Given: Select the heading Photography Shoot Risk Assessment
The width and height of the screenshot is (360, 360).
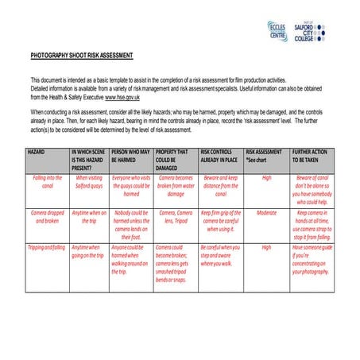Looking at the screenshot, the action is click(82, 56).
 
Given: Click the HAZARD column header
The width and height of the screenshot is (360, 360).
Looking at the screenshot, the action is click(37, 150).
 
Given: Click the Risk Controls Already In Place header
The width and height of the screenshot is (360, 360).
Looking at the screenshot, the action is click(220, 156).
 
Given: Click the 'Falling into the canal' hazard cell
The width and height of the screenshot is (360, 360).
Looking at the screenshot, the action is click(47, 182).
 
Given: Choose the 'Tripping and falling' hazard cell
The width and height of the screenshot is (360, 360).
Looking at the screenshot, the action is click(47, 246).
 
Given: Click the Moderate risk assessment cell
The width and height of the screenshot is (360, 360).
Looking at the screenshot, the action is click(267, 213).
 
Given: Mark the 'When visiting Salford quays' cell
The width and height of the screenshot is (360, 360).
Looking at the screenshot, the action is click(88, 182).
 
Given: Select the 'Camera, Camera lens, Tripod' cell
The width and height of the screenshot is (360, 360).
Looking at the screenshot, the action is click(176, 217).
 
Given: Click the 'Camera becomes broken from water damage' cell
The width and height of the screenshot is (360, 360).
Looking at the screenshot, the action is click(176, 186).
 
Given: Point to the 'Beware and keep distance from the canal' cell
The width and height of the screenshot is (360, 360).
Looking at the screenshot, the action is click(220, 186).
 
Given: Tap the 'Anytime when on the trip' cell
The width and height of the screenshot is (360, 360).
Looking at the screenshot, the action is click(88, 217).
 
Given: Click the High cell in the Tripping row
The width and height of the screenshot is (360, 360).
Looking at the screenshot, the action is click(267, 247).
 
